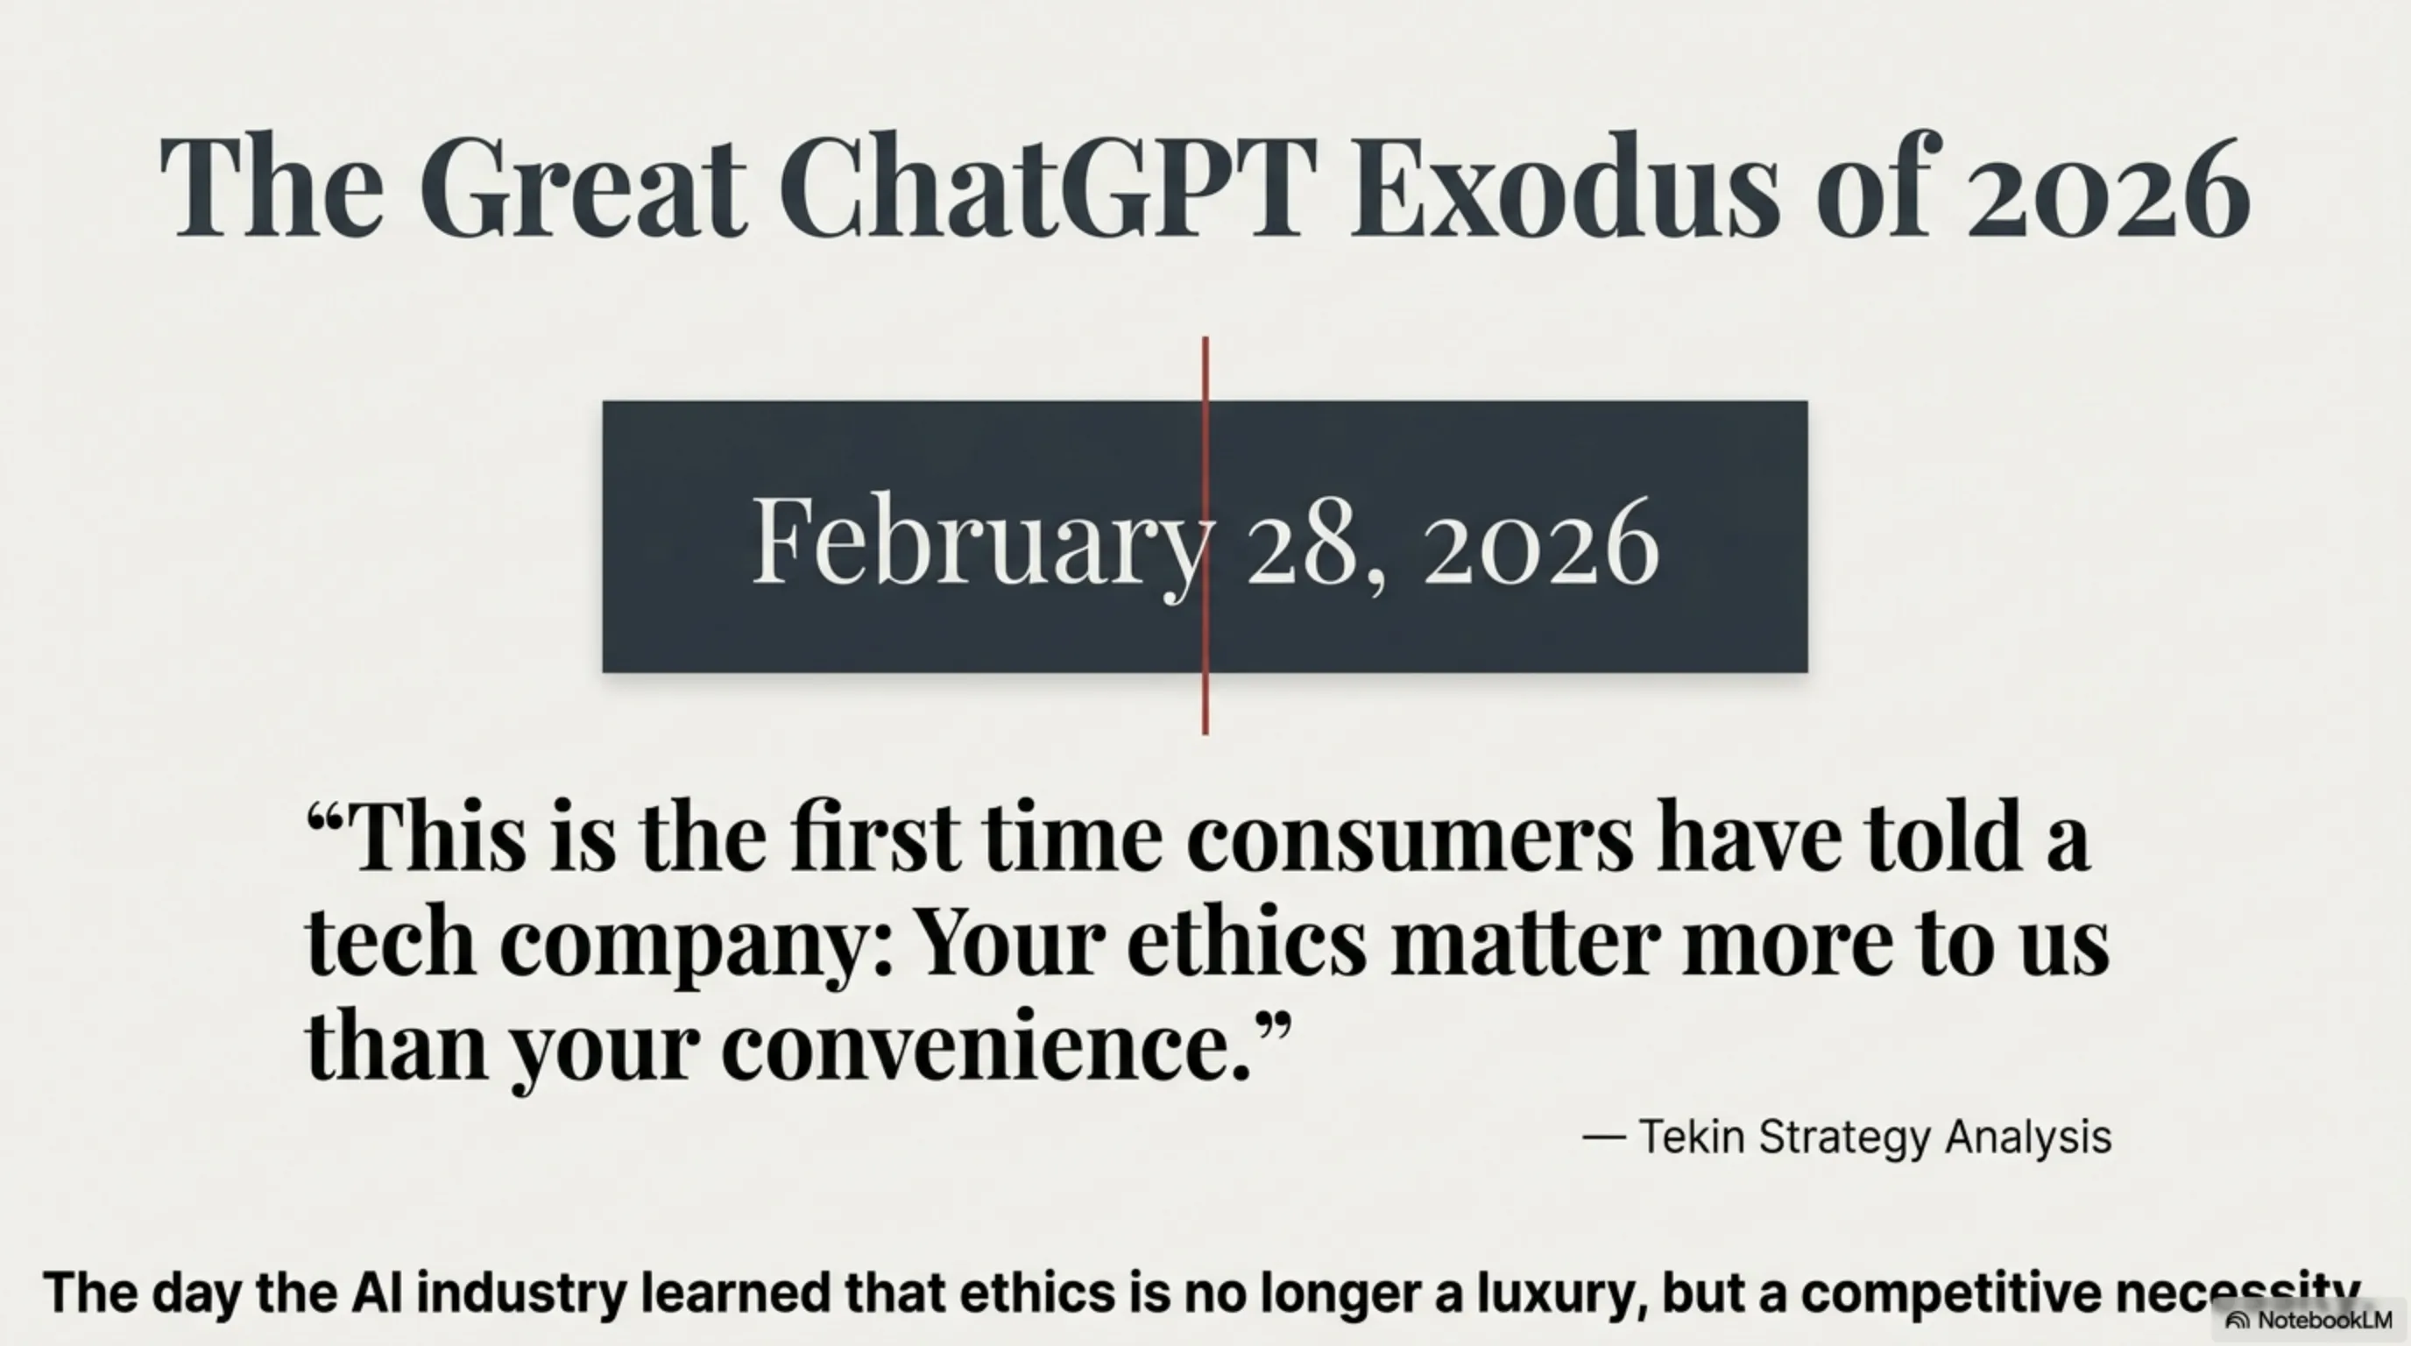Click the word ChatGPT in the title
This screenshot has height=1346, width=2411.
tap(1047, 185)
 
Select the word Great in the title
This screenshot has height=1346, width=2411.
tap(582, 185)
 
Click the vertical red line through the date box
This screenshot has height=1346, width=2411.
tap(1205, 535)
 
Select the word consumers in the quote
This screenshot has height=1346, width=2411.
tap(1410, 836)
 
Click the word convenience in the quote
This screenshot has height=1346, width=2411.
tap(986, 1045)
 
